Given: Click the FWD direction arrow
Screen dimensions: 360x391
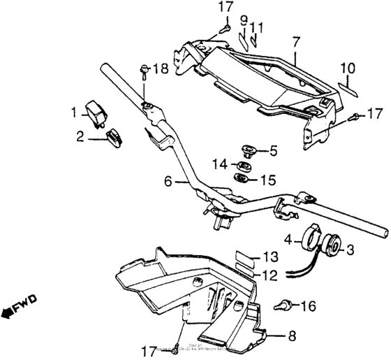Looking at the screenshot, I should tap(20, 305).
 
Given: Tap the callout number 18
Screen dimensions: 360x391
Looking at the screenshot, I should tap(160, 69).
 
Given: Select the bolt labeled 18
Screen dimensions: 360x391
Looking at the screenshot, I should tap(144, 69).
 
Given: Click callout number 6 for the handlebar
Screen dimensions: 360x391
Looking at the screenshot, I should tap(168, 181).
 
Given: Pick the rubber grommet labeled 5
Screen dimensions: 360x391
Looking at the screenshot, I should tap(248, 150).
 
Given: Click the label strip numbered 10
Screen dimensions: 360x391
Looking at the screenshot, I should tap(348, 87).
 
